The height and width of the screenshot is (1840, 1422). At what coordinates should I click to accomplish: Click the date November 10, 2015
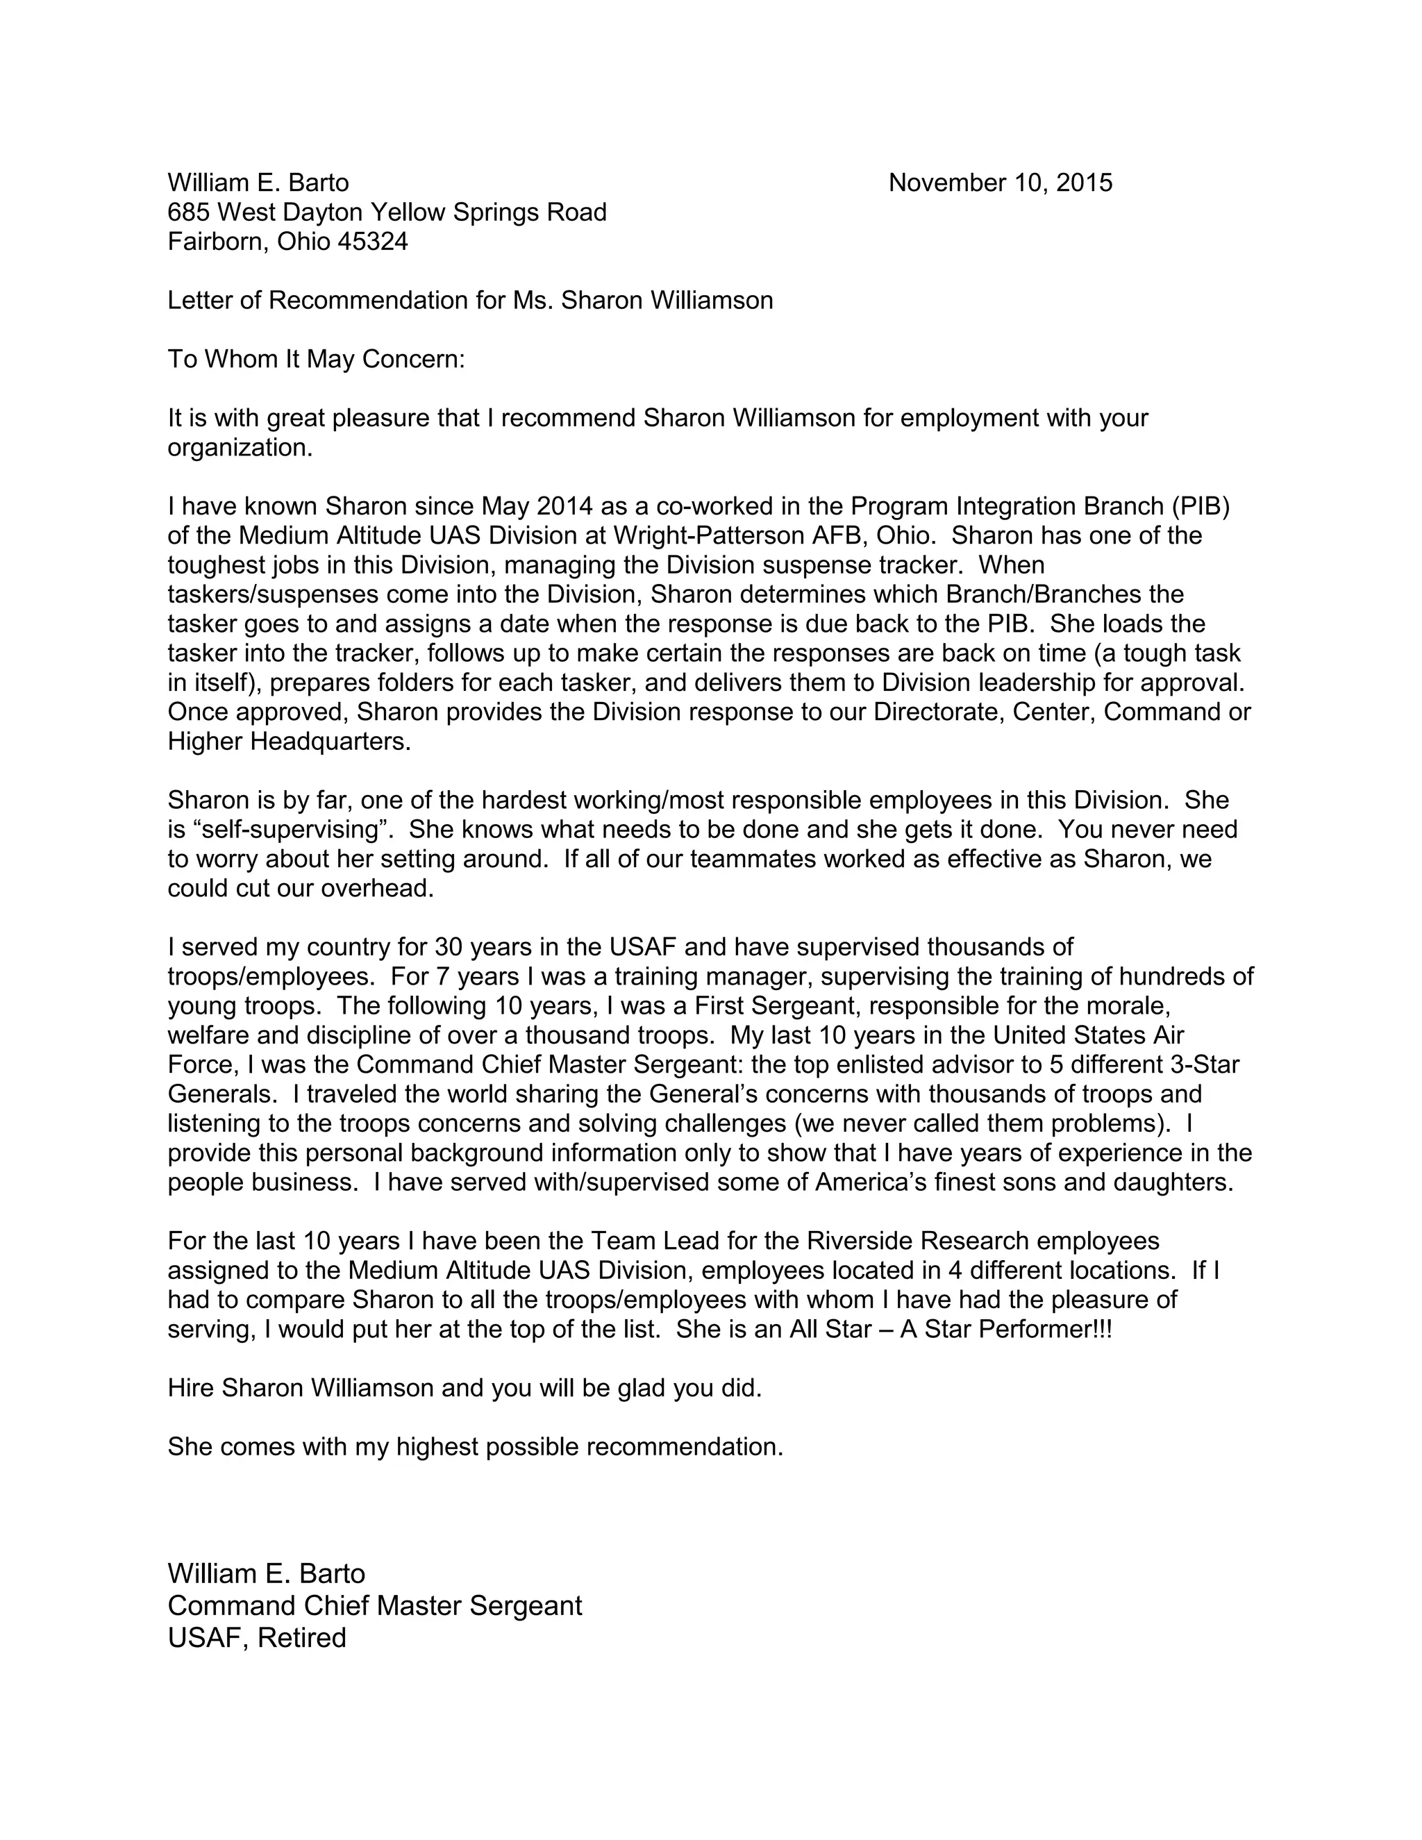click(x=1000, y=183)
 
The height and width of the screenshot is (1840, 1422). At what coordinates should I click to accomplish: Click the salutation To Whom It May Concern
click(x=316, y=360)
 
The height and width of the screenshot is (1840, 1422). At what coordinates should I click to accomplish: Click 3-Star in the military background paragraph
click(x=1205, y=1065)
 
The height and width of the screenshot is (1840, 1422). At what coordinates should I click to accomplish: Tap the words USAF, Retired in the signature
click(x=257, y=1638)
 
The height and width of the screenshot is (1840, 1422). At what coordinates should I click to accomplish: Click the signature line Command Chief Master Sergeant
click(x=375, y=1606)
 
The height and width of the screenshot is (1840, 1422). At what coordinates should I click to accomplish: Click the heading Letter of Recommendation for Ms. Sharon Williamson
click(x=470, y=301)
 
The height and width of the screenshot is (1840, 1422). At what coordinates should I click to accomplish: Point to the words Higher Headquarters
click(x=288, y=742)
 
